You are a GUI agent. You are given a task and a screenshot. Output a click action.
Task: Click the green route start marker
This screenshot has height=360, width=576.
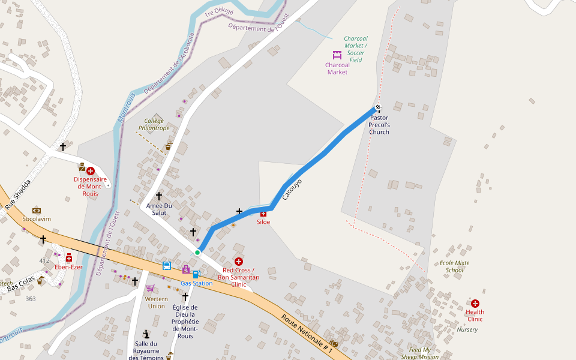(197, 253)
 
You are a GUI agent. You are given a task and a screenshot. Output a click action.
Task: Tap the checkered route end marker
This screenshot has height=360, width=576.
(378, 108)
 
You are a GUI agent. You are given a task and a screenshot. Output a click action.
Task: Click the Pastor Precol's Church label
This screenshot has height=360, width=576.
(379, 125)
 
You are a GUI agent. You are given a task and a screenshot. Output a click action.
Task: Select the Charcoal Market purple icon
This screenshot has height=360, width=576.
(337, 55)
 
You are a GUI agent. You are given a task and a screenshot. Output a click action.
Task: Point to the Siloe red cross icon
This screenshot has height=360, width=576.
(263, 214)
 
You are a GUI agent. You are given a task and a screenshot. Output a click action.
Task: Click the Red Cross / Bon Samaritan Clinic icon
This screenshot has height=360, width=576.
(239, 262)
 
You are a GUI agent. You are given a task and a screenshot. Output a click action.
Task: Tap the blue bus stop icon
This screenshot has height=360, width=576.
(167, 265)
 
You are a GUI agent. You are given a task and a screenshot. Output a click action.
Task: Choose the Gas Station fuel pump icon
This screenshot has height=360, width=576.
(196, 274)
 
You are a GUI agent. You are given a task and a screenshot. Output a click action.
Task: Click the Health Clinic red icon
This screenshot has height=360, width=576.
(475, 304)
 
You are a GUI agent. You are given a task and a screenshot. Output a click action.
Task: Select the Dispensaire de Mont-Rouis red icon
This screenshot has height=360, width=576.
(91, 171)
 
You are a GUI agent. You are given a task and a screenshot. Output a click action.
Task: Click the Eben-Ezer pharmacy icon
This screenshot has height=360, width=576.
(69, 258)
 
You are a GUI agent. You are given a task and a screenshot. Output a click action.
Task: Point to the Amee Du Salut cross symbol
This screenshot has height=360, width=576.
(159, 196)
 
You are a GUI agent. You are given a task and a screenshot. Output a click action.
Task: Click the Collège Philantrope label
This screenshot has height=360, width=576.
(154, 124)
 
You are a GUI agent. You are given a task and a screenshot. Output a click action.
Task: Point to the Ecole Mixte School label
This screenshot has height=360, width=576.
(454, 266)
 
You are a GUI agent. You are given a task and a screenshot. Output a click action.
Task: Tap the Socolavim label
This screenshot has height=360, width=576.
(37, 219)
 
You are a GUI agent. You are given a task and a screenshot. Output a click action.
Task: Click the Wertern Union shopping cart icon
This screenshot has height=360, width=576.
(150, 288)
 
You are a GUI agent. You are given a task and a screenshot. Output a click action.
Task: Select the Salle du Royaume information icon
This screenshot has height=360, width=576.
(146, 334)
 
